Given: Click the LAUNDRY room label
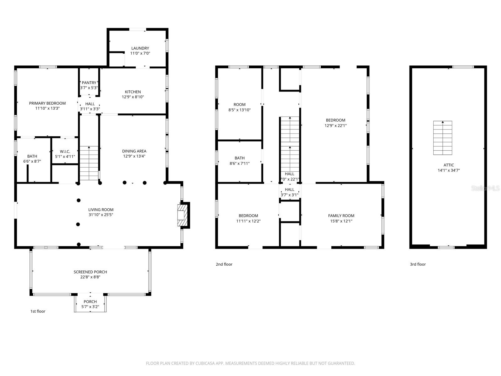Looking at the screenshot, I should click(140, 48).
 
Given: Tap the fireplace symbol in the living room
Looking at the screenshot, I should click(182, 215).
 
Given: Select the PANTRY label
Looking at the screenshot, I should click(89, 83).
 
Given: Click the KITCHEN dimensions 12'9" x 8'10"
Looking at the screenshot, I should click(133, 97).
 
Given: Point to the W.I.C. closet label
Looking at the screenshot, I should click(65, 151).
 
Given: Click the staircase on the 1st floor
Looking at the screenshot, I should click(89, 163).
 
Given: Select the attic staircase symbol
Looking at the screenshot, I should click(442, 138).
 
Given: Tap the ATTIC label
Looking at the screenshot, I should click(448, 165).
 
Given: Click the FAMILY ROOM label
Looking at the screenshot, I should click(341, 216).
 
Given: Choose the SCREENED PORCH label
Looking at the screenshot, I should click(90, 272).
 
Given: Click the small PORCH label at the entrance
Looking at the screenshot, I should click(90, 302).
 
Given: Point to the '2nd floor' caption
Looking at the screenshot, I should click(224, 264).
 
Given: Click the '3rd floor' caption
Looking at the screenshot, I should click(418, 264).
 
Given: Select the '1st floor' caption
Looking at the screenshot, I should click(38, 311).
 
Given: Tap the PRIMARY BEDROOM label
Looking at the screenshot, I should click(47, 103).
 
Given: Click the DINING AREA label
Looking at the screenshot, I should click(134, 151).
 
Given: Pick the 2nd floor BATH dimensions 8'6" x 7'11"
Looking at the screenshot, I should click(240, 164).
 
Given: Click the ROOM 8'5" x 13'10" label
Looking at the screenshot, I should click(240, 105).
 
